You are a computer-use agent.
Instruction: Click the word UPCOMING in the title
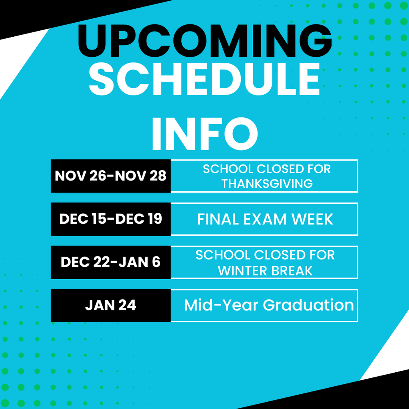pyautogui.click(x=204, y=41)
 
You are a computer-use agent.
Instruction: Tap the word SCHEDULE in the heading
pyautogui.click(x=204, y=78)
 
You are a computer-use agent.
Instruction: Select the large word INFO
pyautogui.click(x=204, y=133)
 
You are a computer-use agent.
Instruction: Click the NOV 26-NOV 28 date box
pyautogui.click(x=111, y=176)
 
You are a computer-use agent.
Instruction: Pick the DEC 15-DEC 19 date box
pyautogui.click(x=111, y=219)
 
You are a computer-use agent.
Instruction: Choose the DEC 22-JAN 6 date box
pyautogui.click(x=111, y=262)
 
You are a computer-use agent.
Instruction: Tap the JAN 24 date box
pyautogui.click(x=111, y=305)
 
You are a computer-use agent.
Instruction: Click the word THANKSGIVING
pyautogui.click(x=267, y=183)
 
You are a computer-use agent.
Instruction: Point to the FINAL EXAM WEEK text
pyautogui.click(x=265, y=219)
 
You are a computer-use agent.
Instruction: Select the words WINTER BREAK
pyautogui.click(x=265, y=271)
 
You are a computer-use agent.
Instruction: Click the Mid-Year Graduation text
pyautogui.click(x=269, y=305)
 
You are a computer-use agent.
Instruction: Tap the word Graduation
pyautogui.click(x=308, y=305)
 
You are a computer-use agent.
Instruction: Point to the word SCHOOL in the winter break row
pyautogui.click(x=223, y=255)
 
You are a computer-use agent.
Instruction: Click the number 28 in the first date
pyautogui.click(x=157, y=176)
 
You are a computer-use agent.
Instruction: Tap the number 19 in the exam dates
pyautogui.click(x=154, y=219)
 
